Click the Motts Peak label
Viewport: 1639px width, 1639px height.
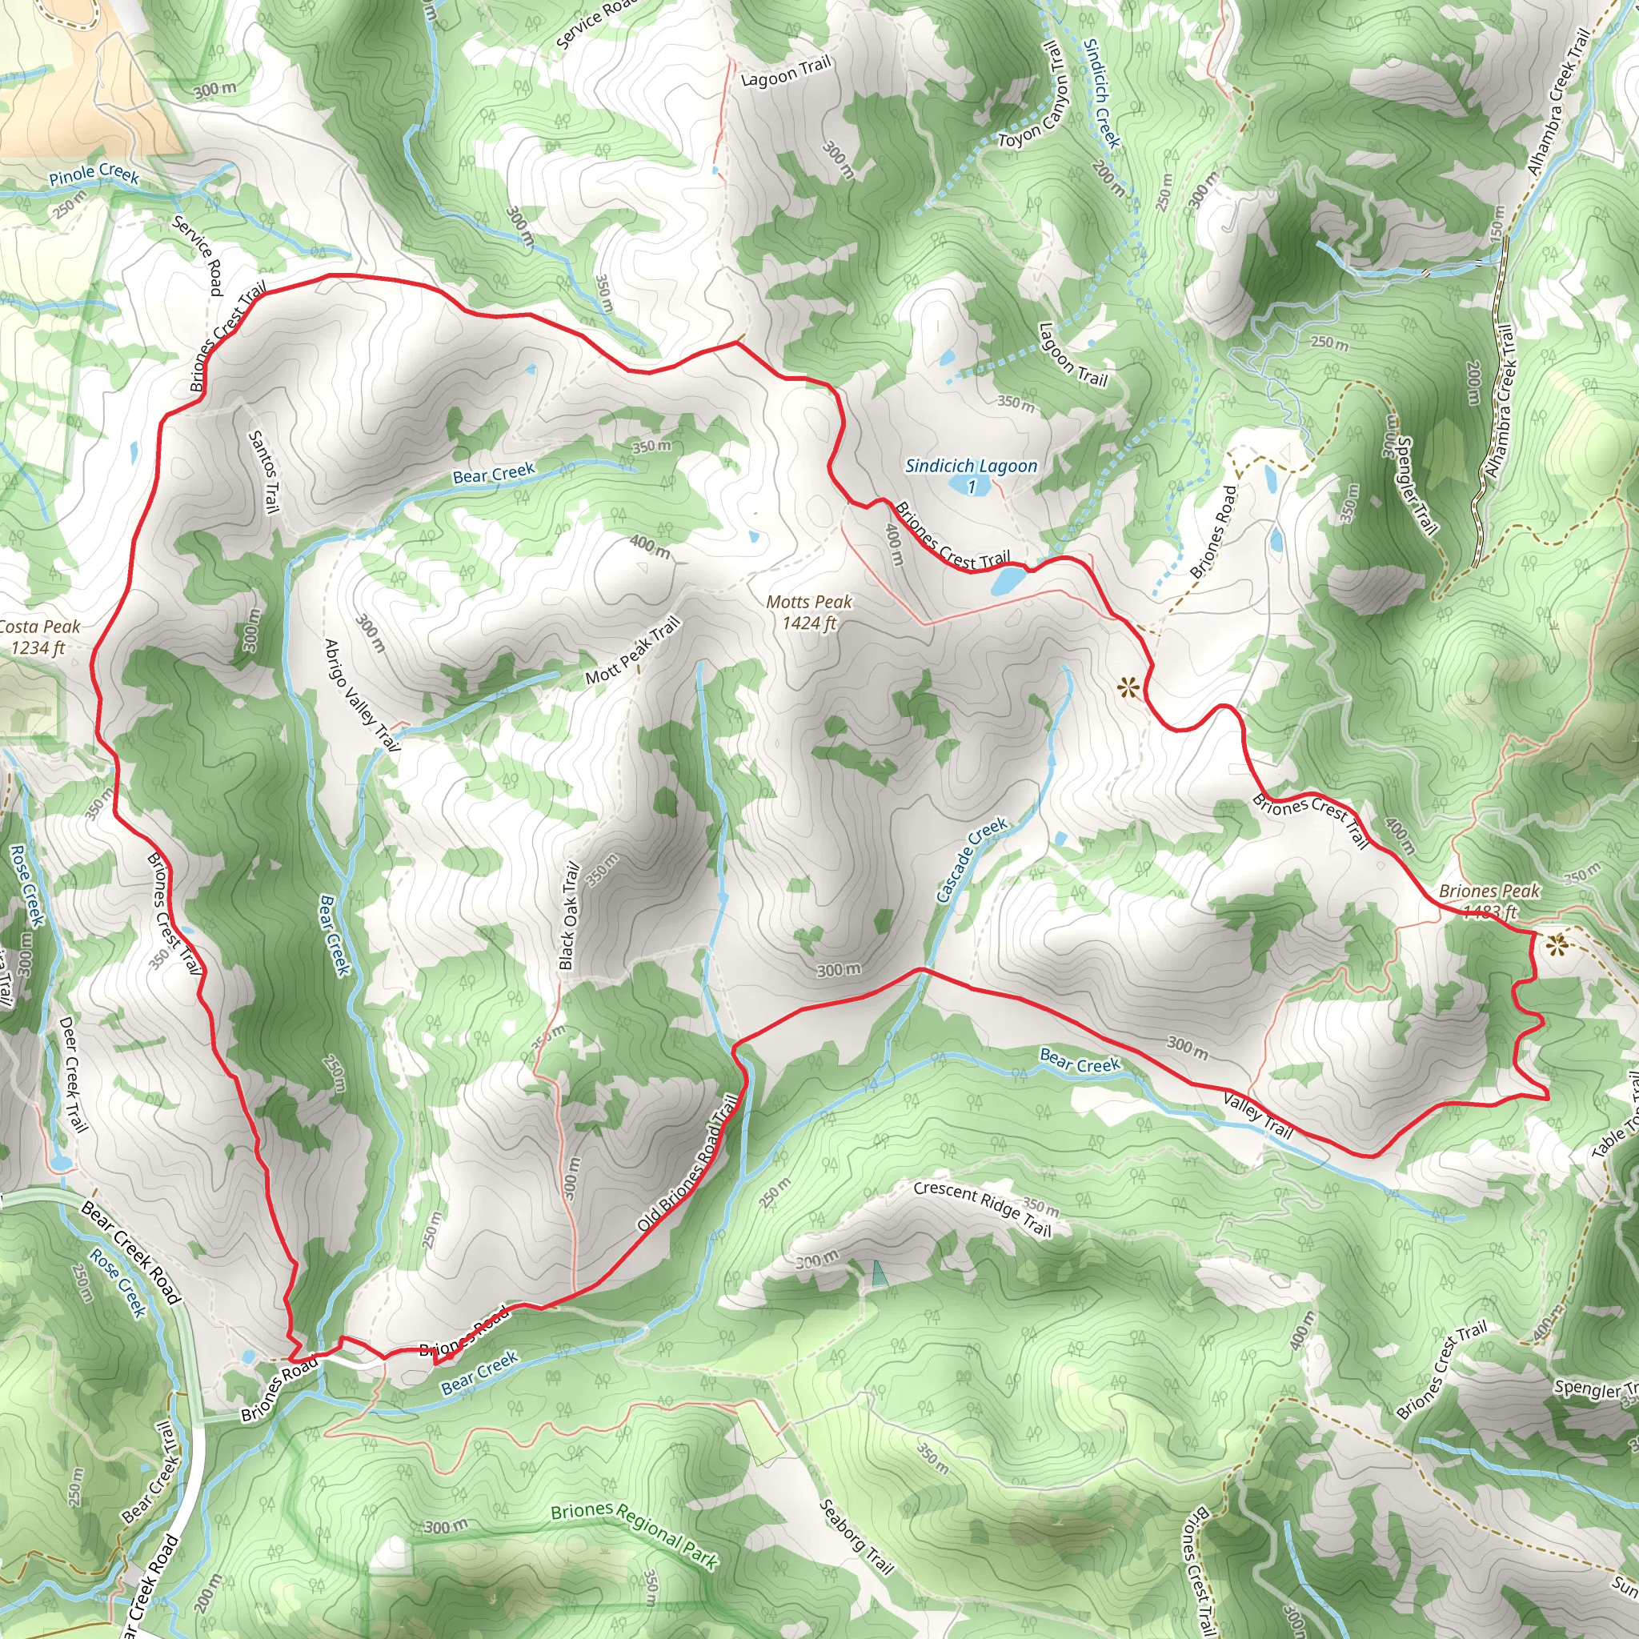point(808,611)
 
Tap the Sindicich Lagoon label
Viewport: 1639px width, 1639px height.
point(971,475)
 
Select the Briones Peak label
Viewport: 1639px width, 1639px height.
point(1489,900)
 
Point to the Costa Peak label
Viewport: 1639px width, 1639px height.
point(38,636)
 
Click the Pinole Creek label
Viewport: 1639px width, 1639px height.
point(94,174)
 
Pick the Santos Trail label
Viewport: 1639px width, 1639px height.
point(263,471)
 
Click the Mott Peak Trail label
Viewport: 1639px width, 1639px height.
point(633,651)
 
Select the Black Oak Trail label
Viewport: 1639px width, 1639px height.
point(569,916)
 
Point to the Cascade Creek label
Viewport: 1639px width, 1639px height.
point(972,860)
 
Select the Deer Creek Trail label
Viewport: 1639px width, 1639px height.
point(73,1074)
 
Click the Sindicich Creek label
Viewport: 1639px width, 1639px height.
point(1102,94)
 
